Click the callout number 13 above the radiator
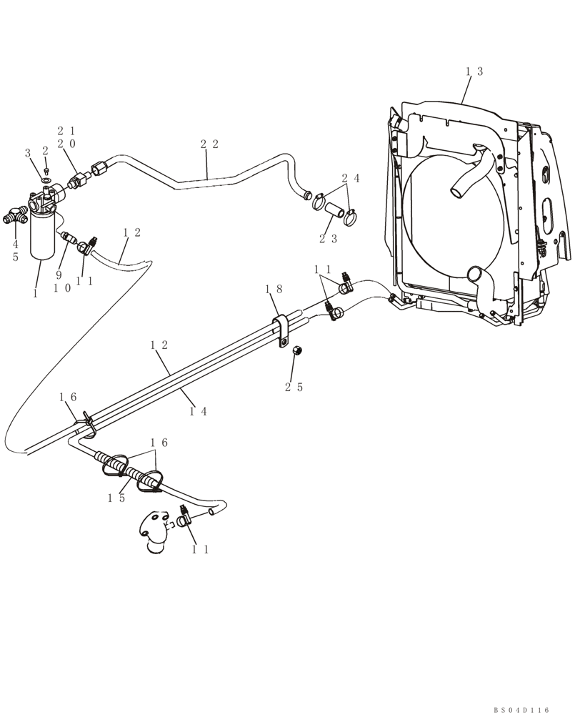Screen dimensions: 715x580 tap(474, 71)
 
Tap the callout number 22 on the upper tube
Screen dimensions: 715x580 tap(209, 144)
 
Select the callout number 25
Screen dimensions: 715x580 tap(294, 387)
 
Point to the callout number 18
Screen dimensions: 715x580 tap(274, 289)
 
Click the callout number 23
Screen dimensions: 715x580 tap(328, 239)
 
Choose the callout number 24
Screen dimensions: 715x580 tap(350, 177)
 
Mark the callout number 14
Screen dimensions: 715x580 tap(199, 411)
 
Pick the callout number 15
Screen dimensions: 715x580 tap(117, 498)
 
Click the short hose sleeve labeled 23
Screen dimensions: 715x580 tap(335, 214)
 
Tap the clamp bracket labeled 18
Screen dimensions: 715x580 tap(283, 330)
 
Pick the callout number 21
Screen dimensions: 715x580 tap(66, 131)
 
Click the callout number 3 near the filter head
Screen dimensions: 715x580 tap(28, 153)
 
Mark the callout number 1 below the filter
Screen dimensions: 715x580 tap(36, 294)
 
